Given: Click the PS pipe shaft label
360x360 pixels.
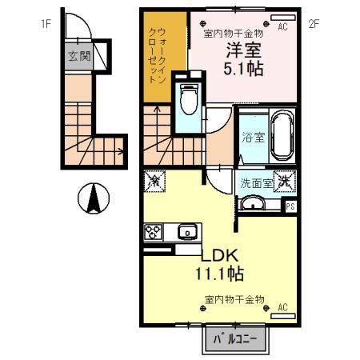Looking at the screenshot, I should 290,206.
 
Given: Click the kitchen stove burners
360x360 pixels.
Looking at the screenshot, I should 154,233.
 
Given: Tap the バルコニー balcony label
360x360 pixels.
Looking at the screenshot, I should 235,339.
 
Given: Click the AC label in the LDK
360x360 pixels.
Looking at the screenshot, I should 282,307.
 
